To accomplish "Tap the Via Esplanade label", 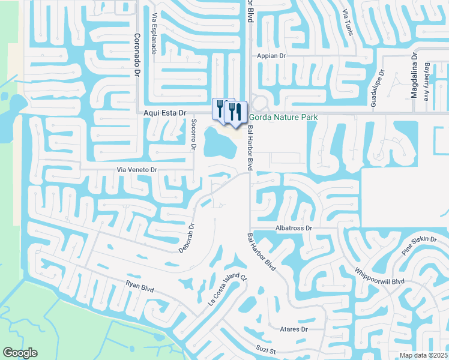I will pyautogui.click(x=154, y=34).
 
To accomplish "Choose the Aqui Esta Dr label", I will pyautogui.click(x=166, y=112).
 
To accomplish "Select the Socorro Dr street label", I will pyautogui.click(x=194, y=134).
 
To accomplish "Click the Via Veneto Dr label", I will pyautogui.click(x=137, y=170).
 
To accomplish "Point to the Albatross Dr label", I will pyautogui.click(x=294, y=229).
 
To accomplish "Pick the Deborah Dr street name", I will pyautogui.click(x=187, y=238).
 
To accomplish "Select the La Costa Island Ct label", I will pyautogui.click(x=227, y=289).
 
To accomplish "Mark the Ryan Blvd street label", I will pyautogui.click(x=140, y=287).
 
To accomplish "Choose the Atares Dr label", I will pyautogui.click(x=294, y=329).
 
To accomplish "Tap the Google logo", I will pyautogui.click(x=20, y=353).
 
